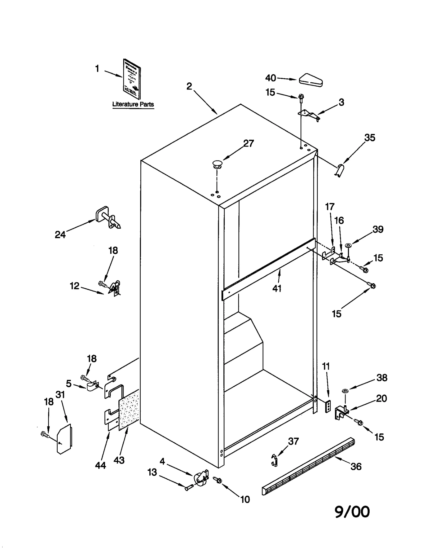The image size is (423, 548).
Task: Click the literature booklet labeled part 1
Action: click(x=132, y=79)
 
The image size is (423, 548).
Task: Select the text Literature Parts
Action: click(x=133, y=104)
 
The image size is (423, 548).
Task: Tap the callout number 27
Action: click(x=248, y=143)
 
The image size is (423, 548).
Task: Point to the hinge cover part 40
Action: click(x=311, y=80)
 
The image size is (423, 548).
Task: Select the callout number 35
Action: click(x=369, y=138)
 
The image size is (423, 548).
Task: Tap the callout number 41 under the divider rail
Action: click(x=277, y=289)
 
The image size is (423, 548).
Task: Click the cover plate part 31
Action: click(x=64, y=439)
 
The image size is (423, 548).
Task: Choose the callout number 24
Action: click(x=60, y=234)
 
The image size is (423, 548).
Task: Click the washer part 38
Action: click(x=345, y=391)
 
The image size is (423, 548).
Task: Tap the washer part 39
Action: click(x=348, y=246)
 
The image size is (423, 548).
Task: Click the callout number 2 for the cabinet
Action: click(x=189, y=86)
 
